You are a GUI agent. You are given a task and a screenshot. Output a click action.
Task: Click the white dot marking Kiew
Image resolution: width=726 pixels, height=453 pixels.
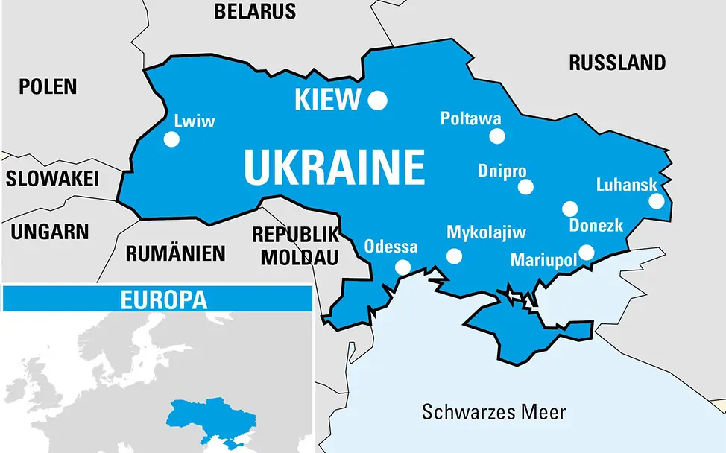[x=379, y=100]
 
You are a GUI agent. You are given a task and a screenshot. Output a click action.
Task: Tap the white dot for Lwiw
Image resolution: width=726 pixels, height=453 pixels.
[x=171, y=139]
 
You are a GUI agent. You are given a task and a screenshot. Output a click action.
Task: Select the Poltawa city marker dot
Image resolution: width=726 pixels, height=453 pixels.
[x=497, y=136]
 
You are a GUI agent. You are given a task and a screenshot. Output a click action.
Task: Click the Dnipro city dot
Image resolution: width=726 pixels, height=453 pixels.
[x=526, y=187]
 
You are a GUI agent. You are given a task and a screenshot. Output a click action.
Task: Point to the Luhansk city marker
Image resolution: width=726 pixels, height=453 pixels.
[x=657, y=200]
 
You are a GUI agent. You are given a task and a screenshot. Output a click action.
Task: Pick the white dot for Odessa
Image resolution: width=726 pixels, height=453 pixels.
[x=403, y=267]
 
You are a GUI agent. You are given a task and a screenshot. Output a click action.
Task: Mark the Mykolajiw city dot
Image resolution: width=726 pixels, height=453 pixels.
[x=454, y=256]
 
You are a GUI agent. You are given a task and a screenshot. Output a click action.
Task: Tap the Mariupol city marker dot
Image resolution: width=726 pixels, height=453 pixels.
[x=587, y=253]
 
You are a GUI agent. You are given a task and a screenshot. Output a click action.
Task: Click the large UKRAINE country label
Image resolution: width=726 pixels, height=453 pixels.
[x=334, y=168]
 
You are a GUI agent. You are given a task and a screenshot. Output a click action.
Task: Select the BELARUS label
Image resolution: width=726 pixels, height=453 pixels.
[x=255, y=11]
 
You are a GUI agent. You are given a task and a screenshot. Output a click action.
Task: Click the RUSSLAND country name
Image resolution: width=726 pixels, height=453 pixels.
[x=617, y=63]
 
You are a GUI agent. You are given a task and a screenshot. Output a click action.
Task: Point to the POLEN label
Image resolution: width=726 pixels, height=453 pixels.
[x=48, y=86]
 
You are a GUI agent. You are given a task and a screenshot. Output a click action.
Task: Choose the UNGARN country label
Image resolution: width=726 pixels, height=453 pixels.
[x=50, y=232]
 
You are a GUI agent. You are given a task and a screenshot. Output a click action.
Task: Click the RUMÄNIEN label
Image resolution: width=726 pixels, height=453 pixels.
[x=175, y=253]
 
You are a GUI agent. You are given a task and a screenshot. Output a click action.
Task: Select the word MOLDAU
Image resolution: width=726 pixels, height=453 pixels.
[x=295, y=257]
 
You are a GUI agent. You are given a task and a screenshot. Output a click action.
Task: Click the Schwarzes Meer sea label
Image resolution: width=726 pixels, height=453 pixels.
[x=494, y=411]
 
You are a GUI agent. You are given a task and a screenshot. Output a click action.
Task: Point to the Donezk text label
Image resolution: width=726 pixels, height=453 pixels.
[x=596, y=226]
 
